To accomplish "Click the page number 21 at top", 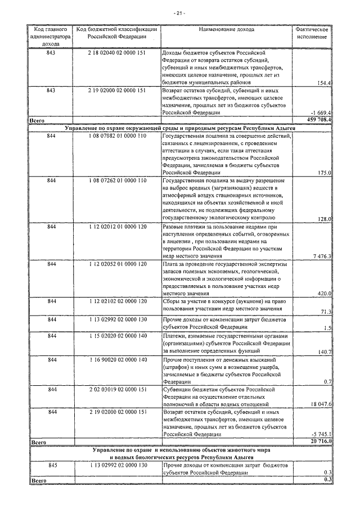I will [x=179, y=13].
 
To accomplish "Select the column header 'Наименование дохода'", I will [x=226, y=28].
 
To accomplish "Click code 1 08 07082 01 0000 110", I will [x=117, y=136].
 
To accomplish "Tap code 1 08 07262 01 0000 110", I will [x=117, y=180].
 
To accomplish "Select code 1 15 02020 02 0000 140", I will [x=117, y=336].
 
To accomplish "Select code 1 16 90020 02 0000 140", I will [x=117, y=359].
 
